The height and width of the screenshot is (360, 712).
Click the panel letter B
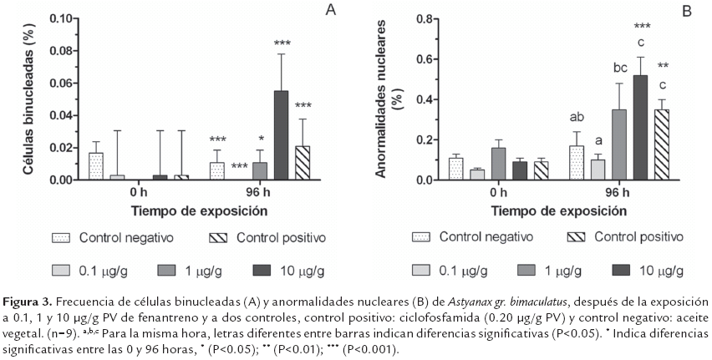click(x=688, y=11)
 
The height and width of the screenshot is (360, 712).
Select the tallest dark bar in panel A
click(x=281, y=134)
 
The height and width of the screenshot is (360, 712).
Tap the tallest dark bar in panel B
click(x=641, y=127)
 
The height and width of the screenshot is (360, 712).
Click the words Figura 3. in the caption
click(x=28, y=300)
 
